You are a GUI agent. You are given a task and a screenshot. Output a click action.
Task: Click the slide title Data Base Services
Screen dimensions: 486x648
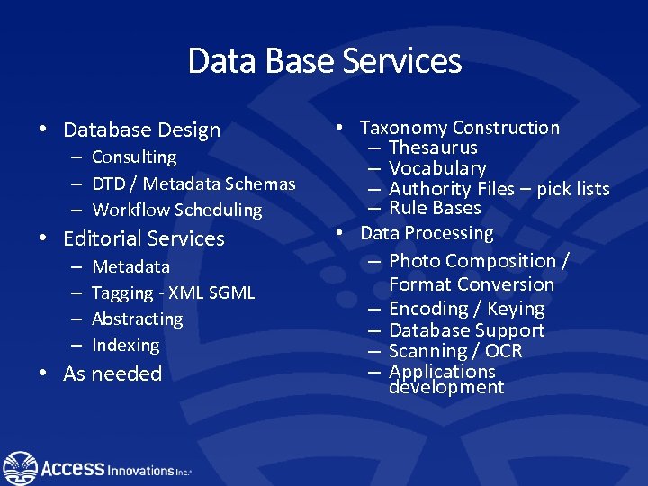coord(324,61)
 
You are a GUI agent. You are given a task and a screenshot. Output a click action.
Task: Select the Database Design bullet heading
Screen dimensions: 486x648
coord(141,130)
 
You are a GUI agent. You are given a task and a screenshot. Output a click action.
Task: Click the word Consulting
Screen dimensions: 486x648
coord(134,157)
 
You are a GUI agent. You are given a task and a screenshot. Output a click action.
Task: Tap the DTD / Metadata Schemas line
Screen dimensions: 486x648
coord(193,184)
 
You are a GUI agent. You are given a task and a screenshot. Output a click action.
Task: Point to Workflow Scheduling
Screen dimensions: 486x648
coord(177,210)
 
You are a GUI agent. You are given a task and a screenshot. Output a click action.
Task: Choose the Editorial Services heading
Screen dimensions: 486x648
coord(143,238)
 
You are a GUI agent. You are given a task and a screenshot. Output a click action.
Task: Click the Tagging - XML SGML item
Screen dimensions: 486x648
coord(173,292)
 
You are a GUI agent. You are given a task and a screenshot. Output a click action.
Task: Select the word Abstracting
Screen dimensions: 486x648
coord(137,319)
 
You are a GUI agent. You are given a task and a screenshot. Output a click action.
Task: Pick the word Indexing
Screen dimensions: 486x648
coord(125,345)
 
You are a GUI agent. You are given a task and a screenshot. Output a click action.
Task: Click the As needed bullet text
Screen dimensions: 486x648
coord(112,373)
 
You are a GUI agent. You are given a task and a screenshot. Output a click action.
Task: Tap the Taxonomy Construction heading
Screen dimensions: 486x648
coord(459,128)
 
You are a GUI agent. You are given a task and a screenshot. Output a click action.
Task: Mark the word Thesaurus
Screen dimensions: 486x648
coord(433,148)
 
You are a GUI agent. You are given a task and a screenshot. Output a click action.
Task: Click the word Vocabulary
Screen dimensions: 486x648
coord(437,168)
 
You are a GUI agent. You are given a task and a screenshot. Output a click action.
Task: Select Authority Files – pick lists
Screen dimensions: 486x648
coord(499,189)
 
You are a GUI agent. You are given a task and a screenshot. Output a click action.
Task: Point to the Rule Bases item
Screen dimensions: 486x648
coord(435,208)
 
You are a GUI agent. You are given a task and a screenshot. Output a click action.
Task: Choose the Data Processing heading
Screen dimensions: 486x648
coord(427,233)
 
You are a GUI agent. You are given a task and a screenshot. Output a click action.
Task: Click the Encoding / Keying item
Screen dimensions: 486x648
coord(466,309)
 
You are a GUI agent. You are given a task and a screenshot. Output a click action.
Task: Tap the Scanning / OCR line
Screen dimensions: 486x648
coord(455,351)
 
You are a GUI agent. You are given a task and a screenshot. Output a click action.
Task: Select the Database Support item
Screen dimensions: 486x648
coord(466,330)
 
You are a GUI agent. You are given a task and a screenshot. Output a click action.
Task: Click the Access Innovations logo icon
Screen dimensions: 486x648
coord(20,467)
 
